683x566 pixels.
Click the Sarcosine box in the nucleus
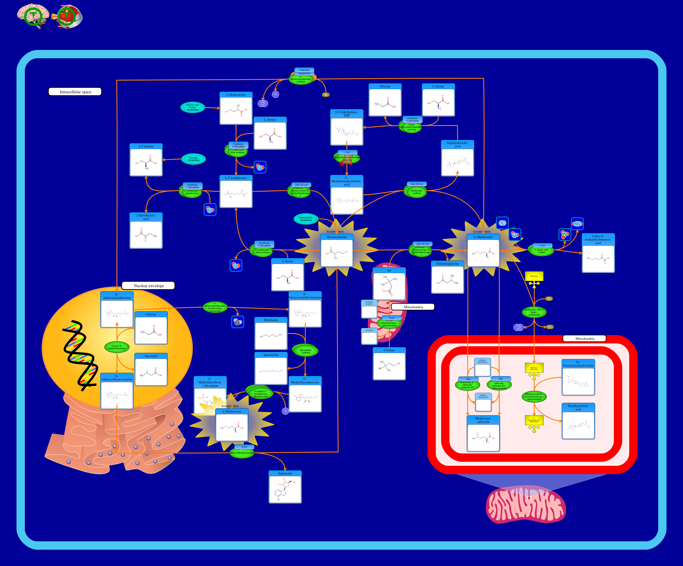click(151, 370)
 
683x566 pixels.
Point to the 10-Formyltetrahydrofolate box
click(578, 377)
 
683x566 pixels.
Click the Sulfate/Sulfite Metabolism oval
click(306, 219)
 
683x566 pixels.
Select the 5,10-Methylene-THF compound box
click(347, 127)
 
